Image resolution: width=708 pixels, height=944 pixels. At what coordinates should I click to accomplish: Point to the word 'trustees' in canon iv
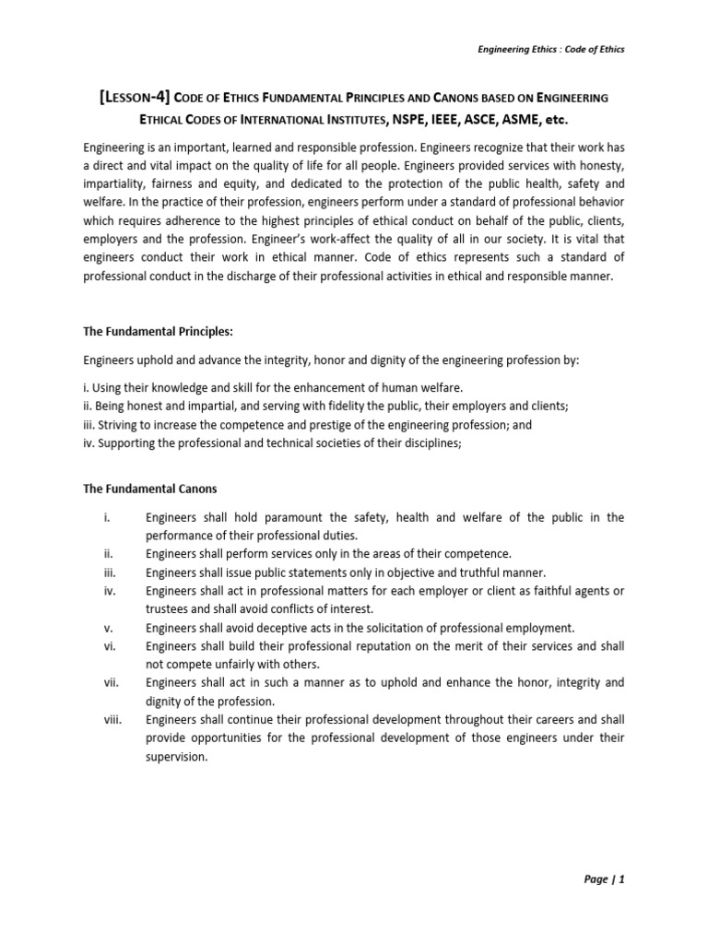pos(167,608)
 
